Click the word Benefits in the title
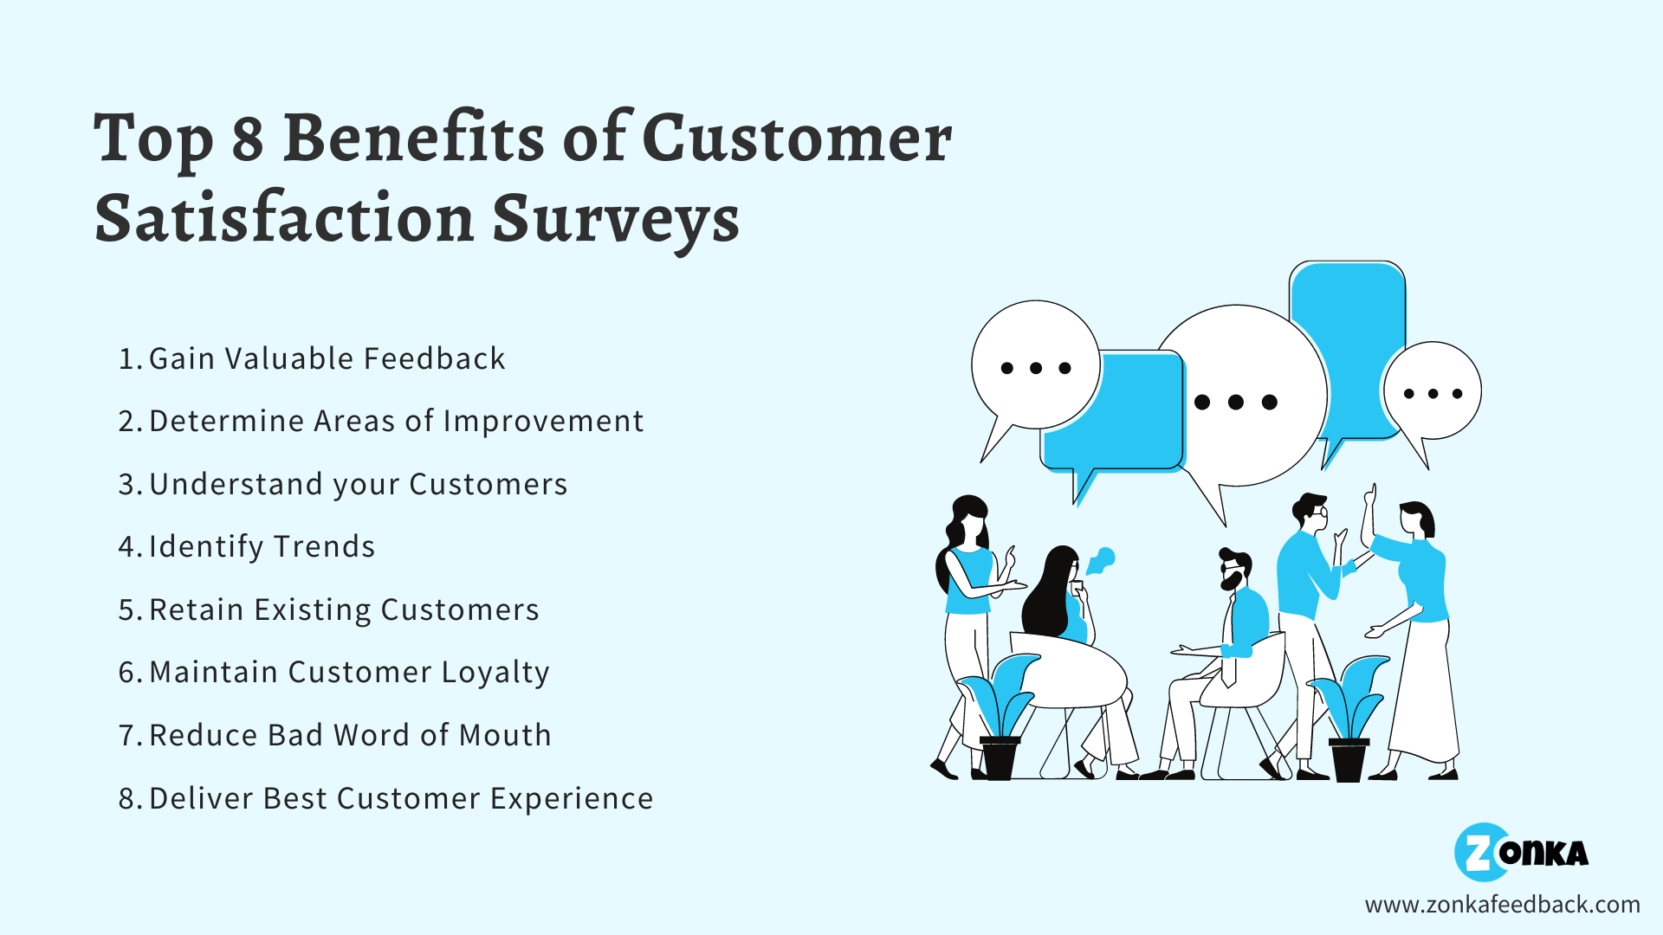(x=413, y=139)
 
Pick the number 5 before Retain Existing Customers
(x=126, y=610)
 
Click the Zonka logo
(x=1520, y=853)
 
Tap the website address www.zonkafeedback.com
(x=1502, y=905)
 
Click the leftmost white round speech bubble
(x=1035, y=365)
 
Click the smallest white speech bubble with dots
(x=1433, y=391)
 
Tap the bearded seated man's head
(x=1233, y=570)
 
